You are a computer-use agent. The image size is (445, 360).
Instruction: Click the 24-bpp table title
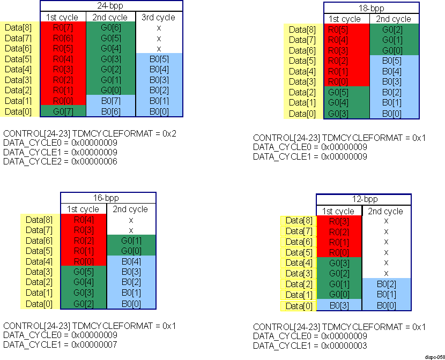pos(112,6)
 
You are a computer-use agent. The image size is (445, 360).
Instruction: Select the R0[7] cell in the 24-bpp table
pos(63,27)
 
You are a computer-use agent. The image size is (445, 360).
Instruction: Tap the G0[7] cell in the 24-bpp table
pos(63,111)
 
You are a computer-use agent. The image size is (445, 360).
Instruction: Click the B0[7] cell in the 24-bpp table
pos(110,100)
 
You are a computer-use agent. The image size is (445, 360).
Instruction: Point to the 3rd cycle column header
pos(159,17)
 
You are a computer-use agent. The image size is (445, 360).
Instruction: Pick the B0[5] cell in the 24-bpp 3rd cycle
pos(159,59)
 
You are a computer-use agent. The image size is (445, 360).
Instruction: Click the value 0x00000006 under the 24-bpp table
pos(94,161)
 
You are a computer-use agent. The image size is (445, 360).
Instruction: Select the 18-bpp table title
pos(371,8)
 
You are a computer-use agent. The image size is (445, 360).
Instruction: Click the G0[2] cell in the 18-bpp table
pos(393,29)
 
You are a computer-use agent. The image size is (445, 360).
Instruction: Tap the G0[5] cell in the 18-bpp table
pos(347,92)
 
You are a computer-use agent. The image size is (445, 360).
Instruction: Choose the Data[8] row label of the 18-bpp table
pos(303,29)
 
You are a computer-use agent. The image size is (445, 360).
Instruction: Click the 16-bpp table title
pos(107,198)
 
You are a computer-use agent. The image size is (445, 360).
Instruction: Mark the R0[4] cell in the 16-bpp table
pos(83,220)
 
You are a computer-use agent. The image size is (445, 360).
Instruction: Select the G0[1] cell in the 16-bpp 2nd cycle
pos(130,241)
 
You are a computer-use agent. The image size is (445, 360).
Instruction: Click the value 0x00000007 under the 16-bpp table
pos(94,345)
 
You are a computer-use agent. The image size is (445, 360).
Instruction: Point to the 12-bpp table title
pos(363,200)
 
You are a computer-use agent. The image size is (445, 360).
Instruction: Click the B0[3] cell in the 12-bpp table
pos(339,305)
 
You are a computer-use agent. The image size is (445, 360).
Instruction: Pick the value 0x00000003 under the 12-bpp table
pos(344,346)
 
